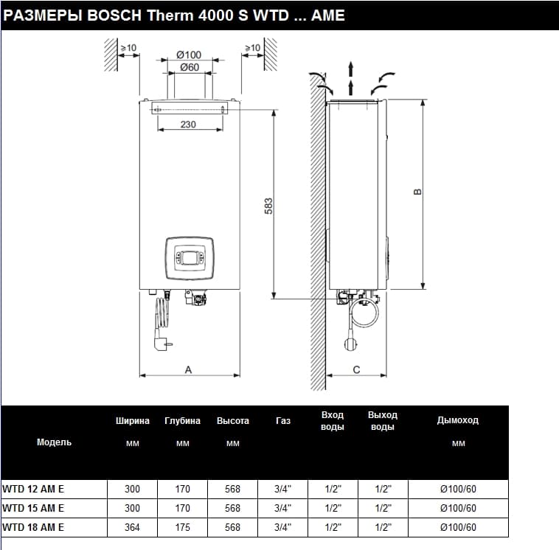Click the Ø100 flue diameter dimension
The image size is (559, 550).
coord(189,55)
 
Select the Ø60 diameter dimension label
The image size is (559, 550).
coord(190,67)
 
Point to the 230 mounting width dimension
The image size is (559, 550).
coord(188,125)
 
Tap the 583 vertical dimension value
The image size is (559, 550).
coord(268,206)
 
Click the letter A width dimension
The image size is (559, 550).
coord(188,369)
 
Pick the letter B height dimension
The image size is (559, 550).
coord(417,192)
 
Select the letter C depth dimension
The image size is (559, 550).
coord(356,369)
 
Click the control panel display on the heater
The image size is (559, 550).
coord(189,258)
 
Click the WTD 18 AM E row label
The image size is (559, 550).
coord(33,527)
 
